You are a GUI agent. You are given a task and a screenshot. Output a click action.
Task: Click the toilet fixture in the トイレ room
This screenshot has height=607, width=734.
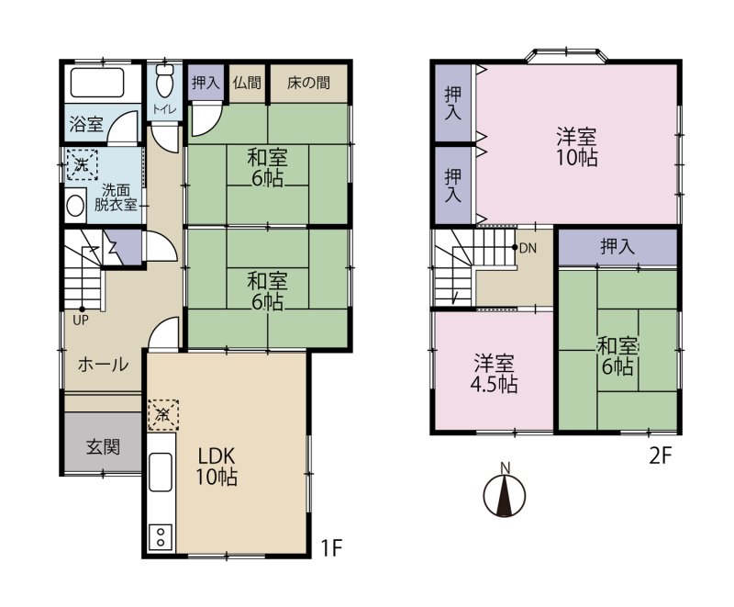tap(164, 81)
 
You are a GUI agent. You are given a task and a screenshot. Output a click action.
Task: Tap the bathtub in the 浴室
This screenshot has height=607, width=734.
tap(97, 83)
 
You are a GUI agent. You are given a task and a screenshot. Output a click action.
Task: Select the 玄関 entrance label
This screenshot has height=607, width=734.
tap(103, 447)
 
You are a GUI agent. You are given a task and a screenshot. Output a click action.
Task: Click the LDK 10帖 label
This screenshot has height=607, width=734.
tap(217, 466)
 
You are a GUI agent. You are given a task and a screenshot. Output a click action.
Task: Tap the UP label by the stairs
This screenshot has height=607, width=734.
tap(81, 320)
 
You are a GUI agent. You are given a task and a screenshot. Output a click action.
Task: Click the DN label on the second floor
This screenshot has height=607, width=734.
tap(528, 248)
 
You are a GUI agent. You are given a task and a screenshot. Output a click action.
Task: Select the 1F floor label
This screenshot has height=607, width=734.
tap(332, 547)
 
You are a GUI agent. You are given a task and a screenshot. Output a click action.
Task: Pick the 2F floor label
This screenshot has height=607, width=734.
tap(661, 455)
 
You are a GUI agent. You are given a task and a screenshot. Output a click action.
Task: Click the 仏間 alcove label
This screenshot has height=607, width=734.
tap(247, 83)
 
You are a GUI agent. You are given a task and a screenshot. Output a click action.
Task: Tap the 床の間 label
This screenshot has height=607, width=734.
tap(308, 83)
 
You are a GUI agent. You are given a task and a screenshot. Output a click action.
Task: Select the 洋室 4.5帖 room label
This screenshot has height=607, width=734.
tap(494, 374)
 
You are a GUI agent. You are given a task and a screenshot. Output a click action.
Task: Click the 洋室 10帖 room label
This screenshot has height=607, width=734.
tap(576, 147)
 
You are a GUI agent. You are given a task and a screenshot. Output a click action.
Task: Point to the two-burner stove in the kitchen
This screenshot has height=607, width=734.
tap(161, 536)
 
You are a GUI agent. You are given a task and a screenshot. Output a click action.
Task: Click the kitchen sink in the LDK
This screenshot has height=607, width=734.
tap(160, 472)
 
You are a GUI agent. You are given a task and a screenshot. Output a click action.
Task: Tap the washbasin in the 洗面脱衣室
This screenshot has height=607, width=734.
tap(75, 206)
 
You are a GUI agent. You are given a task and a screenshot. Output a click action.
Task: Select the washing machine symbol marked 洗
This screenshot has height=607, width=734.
tap(82, 164)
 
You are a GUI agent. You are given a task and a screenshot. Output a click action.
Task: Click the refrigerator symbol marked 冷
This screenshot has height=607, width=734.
tap(163, 414)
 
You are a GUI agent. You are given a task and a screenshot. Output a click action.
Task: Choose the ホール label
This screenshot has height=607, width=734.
tap(103, 365)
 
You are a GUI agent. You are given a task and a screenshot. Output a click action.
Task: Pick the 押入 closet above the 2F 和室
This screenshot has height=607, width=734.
tap(617, 246)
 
